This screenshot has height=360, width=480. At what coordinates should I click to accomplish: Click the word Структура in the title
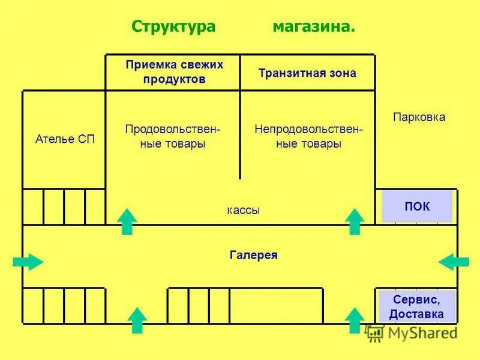(173, 27)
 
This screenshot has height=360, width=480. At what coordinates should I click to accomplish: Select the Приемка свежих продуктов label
(174, 72)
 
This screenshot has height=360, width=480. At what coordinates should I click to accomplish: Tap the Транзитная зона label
(307, 73)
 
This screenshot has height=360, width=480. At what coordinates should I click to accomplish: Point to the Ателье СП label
(65, 139)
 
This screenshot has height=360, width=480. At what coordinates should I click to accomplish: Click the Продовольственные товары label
(173, 136)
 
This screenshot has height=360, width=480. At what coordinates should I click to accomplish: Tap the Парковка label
(419, 117)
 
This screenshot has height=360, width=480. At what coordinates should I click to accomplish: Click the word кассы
(244, 210)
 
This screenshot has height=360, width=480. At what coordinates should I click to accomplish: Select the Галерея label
(253, 255)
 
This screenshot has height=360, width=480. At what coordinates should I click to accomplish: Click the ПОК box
(416, 206)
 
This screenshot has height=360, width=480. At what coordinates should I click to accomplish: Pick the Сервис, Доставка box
(416, 306)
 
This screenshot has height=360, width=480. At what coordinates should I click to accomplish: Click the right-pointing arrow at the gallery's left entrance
(28, 262)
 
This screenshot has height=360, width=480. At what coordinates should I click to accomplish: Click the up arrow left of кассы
(127, 221)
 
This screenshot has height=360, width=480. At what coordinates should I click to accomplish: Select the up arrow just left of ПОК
(355, 221)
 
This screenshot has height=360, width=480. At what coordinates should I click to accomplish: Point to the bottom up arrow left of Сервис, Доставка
(355, 320)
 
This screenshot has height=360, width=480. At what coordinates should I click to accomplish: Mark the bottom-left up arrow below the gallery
(138, 320)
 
